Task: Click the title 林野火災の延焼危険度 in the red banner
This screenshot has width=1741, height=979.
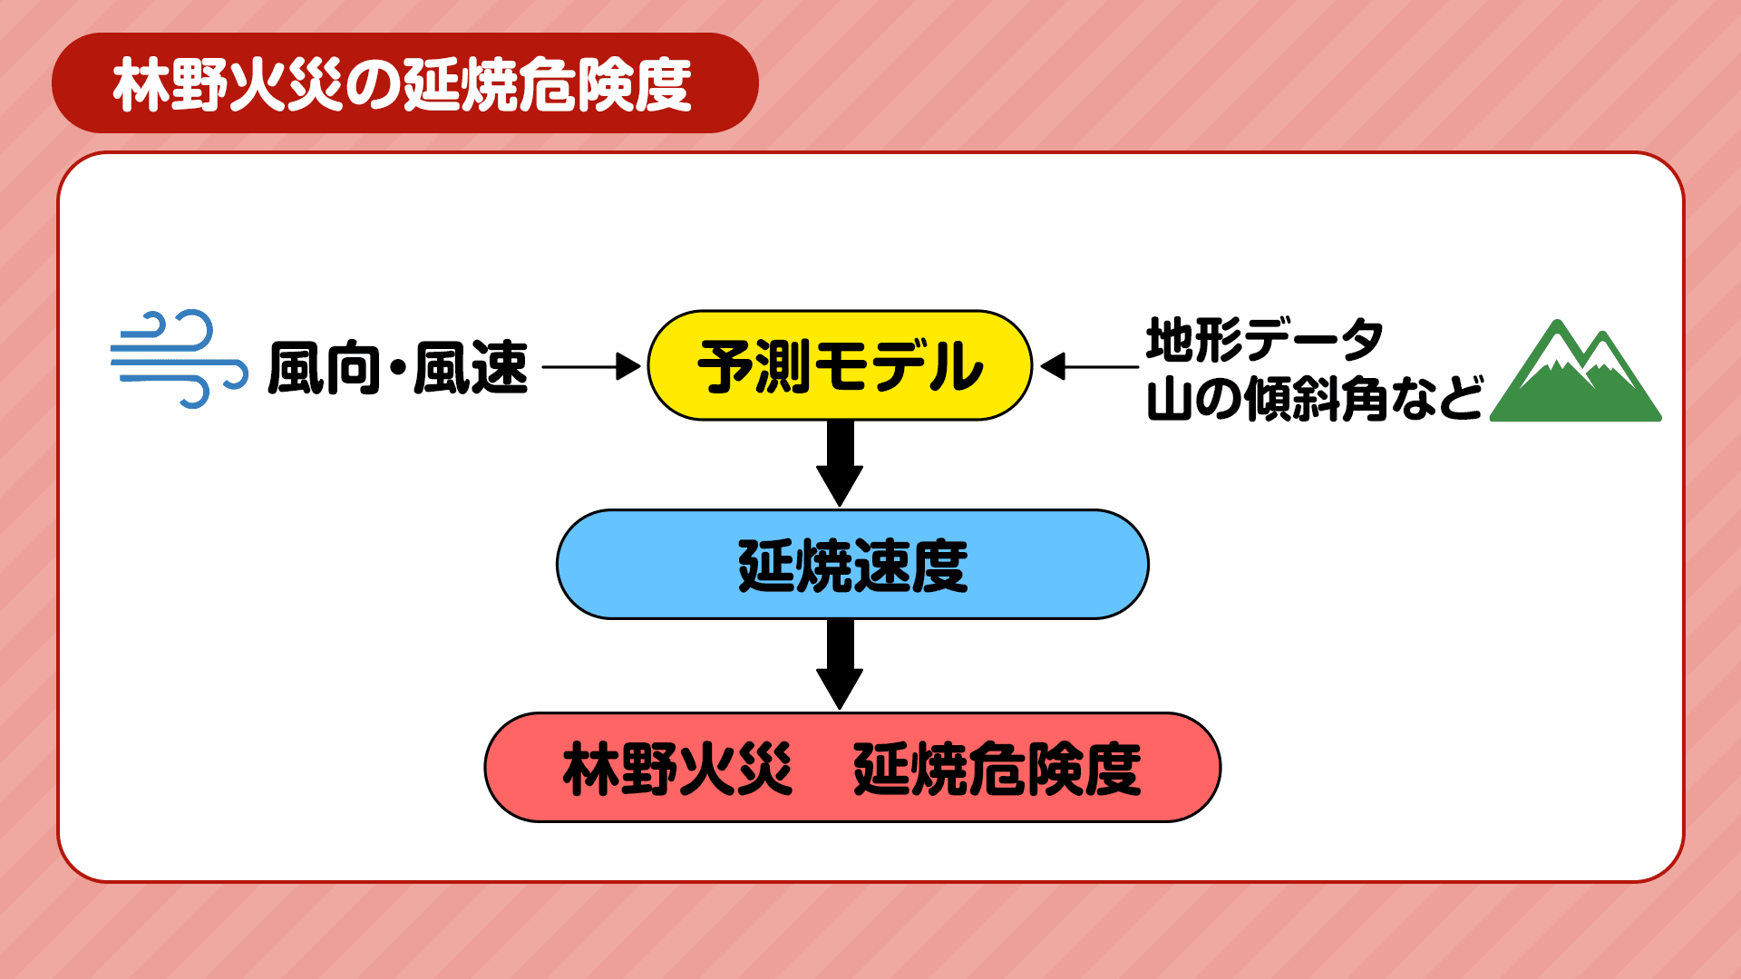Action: coord(403,84)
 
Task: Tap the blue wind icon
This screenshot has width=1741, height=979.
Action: coord(179,359)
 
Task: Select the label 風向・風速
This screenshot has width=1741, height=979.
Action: coord(397,368)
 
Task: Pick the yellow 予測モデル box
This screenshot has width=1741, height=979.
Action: coord(840,365)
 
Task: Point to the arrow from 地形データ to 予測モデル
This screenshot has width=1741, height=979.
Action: coord(1089,367)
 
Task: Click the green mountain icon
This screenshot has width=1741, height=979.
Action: coord(1576,373)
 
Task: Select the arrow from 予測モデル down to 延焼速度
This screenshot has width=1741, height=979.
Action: coord(840,463)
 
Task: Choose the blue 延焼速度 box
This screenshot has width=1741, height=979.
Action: coord(852,565)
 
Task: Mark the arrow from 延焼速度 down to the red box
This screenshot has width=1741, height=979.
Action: coord(840,664)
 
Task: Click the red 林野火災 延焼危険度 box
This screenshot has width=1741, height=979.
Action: coord(852,768)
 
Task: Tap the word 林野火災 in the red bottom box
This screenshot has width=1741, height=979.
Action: coord(677,769)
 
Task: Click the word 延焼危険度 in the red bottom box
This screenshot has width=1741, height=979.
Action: coord(997,769)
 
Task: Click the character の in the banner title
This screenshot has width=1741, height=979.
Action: coord(372,86)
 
